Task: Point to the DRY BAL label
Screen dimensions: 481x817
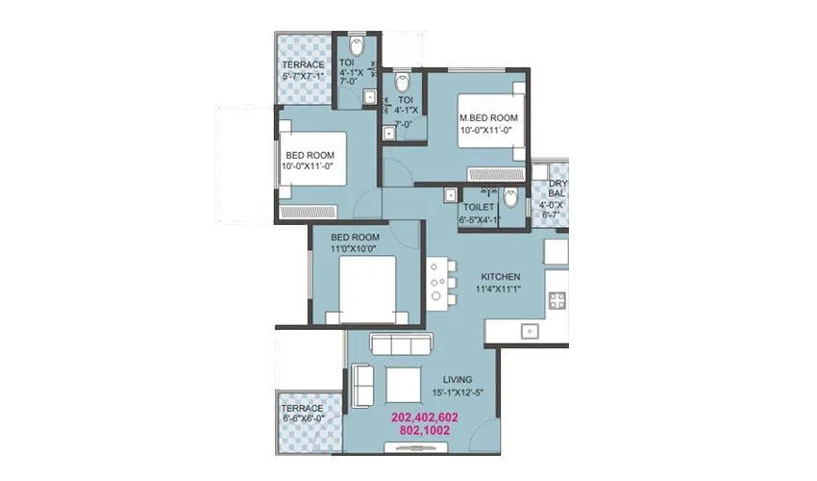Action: [557, 189]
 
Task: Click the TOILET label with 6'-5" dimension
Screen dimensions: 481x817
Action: [478, 207]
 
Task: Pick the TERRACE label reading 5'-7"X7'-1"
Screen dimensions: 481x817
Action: [303, 64]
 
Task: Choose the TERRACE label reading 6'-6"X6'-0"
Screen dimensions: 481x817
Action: [304, 408]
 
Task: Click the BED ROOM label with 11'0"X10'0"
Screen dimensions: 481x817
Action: [355, 237]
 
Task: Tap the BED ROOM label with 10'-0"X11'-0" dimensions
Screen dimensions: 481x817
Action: [308, 155]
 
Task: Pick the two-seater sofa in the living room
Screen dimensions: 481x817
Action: [363, 385]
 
